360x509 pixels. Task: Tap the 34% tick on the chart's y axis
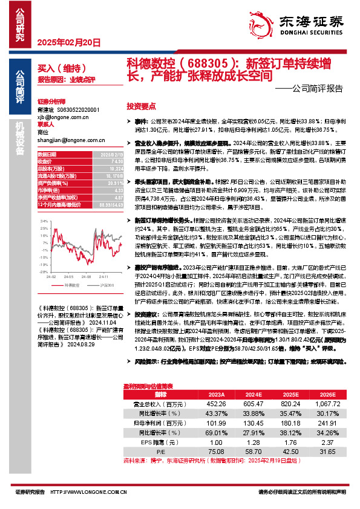click(43, 222)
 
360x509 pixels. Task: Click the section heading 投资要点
click(142, 105)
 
